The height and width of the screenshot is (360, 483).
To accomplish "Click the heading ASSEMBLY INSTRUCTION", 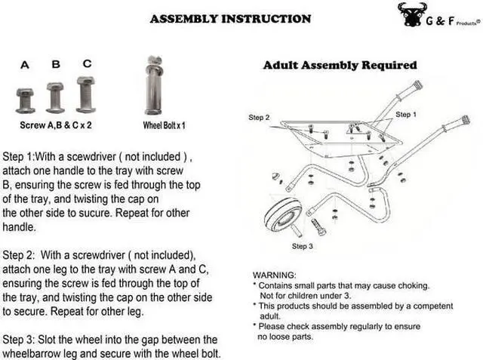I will pyautogui.click(x=230, y=18).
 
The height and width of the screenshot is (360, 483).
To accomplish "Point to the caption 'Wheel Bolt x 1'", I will pyautogui.click(x=164, y=125).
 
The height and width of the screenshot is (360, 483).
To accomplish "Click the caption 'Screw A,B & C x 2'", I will pyautogui.click(x=56, y=125).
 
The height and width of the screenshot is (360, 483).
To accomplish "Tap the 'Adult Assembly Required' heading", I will pyautogui.click(x=340, y=66).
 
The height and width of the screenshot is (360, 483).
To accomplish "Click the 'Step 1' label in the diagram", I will pyautogui.click(x=404, y=115).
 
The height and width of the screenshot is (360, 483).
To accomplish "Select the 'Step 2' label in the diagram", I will pyautogui.click(x=259, y=118).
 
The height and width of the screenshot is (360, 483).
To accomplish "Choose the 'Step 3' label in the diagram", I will pyautogui.click(x=302, y=247).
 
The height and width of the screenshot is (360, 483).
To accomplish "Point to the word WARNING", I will pyautogui.click(x=275, y=275).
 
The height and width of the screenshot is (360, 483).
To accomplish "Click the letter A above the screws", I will pyautogui.click(x=25, y=66).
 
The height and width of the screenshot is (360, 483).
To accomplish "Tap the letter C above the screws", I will pyautogui.click(x=87, y=64).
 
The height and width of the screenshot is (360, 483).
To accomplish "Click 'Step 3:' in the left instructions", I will pyautogui.click(x=23, y=340).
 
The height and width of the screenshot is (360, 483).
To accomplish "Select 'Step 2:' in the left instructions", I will pyautogui.click(x=23, y=254).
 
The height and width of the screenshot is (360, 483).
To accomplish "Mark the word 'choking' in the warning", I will pyautogui.click(x=411, y=285).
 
